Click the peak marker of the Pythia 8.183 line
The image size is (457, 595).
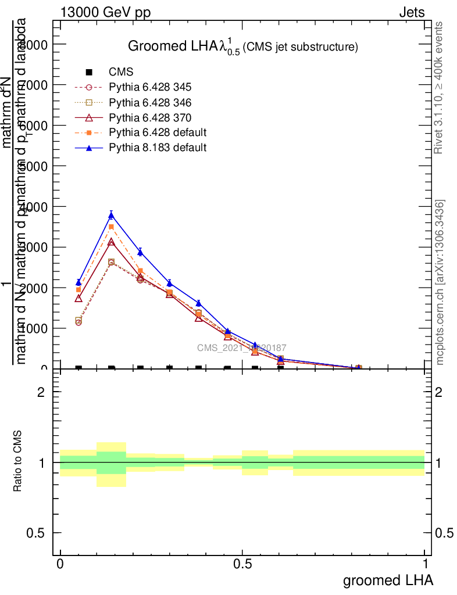111,216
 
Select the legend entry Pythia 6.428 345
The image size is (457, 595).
150,87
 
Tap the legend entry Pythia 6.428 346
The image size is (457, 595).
150,102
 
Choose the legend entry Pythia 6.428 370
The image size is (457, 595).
150,117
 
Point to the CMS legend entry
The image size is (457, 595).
121,72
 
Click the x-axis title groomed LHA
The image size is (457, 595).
388,580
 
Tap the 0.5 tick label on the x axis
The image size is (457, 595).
242,564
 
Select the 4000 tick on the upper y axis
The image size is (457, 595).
36,207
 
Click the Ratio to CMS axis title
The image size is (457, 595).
18,463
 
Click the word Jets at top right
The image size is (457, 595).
412,13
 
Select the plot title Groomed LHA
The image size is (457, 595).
242,46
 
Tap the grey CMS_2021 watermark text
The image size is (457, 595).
241,347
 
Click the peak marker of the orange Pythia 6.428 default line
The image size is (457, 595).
111,227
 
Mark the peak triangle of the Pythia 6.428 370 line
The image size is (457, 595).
111,241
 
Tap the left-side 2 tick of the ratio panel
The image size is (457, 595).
42,392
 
